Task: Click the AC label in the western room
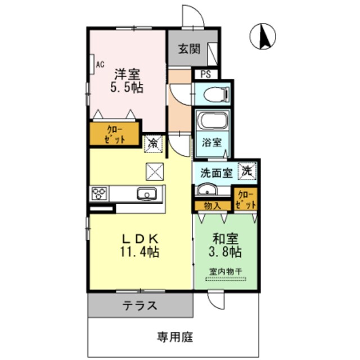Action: [x=100, y=64]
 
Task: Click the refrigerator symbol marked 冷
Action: [x=153, y=143]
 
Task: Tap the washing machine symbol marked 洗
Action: [x=246, y=170]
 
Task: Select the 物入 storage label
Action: [x=213, y=206]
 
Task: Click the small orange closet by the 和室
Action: [x=245, y=200]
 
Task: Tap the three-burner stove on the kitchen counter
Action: [x=100, y=194]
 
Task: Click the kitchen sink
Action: [x=148, y=194]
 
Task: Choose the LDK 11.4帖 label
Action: [x=139, y=244]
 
